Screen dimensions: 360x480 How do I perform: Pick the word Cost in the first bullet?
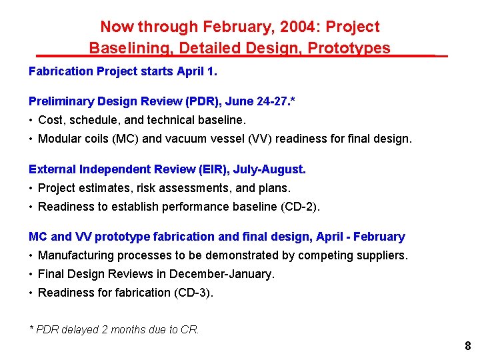50,121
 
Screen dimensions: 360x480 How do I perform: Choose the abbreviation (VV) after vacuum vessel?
284,139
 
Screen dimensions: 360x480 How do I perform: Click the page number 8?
467,346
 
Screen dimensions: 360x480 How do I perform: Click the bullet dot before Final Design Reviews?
31,274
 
